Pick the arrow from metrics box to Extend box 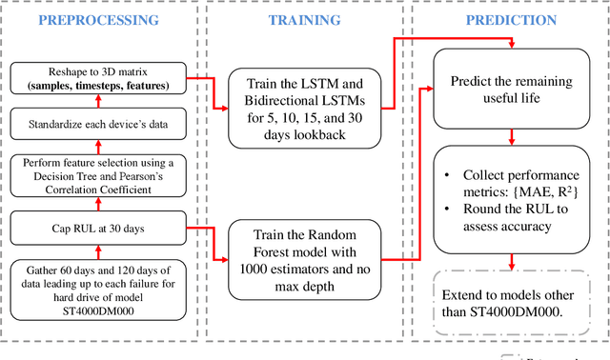[512, 258]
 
